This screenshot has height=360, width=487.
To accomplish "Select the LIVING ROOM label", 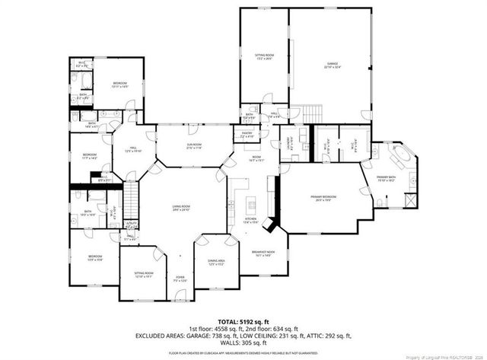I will (180, 207).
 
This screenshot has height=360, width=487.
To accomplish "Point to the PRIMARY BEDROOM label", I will (323, 197).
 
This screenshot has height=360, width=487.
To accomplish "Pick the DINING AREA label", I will (215, 263).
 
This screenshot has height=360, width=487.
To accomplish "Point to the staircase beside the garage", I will (304, 111).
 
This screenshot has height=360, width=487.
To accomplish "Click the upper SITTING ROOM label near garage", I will (264, 56).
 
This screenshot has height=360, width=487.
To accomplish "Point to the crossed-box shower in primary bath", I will (411, 200).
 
